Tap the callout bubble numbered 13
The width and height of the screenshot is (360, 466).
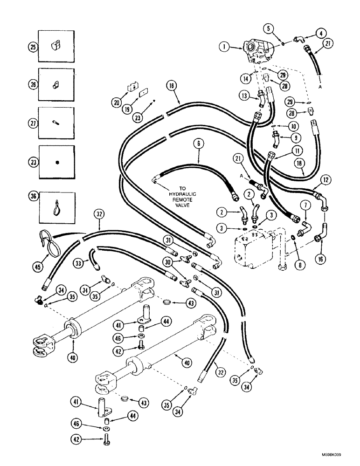245,95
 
